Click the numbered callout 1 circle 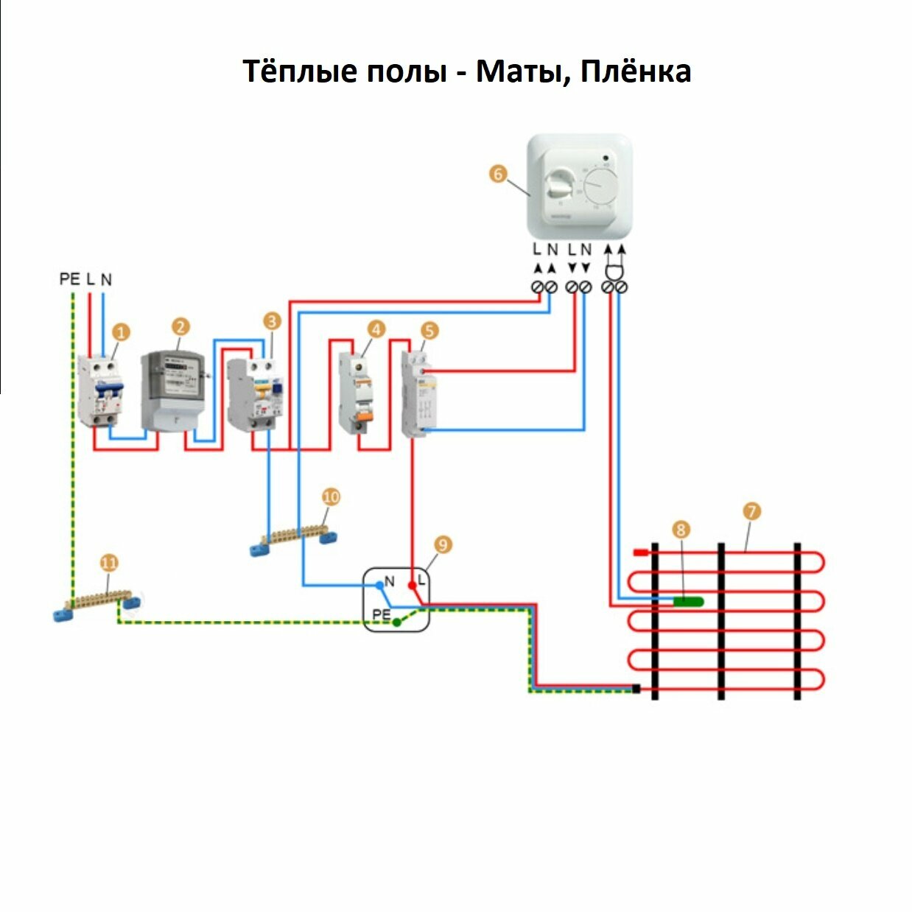(x=121, y=332)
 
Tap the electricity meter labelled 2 (x=172, y=390)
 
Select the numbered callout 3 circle (x=273, y=321)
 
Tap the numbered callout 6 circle (x=498, y=174)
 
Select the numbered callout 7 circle (x=751, y=511)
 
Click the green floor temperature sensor (x=688, y=601)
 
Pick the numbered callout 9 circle (x=442, y=545)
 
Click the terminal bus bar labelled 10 (x=293, y=536)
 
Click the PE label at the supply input (x=69, y=279)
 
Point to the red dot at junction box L (x=412, y=585)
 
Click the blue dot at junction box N (x=379, y=585)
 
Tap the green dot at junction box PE (x=397, y=622)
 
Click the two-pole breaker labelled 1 (x=99, y=390)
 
